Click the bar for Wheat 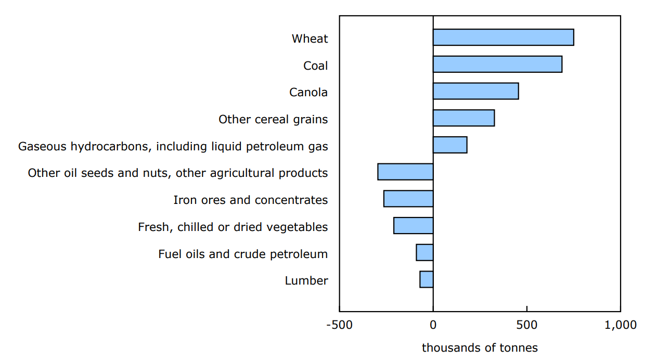pyautogui.click(x=503, y=37)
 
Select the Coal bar pyautogui.click(x=497, y=65)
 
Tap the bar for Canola pyautogui.click(x=475, y=91)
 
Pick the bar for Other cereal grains pyautogui.click(x=464, y=118)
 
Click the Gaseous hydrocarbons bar pyautogui.click(x=450, y=145)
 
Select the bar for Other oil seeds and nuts pyautogui.click(x=405, y=172)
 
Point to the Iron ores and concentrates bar pyautogui.click(x=408, y=199)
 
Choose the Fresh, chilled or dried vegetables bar pyautogui.click(x=414, y=226)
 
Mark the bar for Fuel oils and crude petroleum pyautogui.click(x=424, y=252)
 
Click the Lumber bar pyautogui.click(x=427, y=279)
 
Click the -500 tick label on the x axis pyautogui.click(x=339, y=325)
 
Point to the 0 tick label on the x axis pyautogui.click(x=433, y=325)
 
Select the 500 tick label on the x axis pyautogui.click(x=526, y=325)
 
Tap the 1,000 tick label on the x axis pyautogui.click(x=620, y=325)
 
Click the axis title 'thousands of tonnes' pyautogui.click(x=480, y=348)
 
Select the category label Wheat pyautogui.click(x=310, y=38)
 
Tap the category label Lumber pyautogui.click(x=306, y=281)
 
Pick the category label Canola pyautogui.click(x=308, y=93)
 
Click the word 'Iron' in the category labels pyautogui.click(x=184, y=200)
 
